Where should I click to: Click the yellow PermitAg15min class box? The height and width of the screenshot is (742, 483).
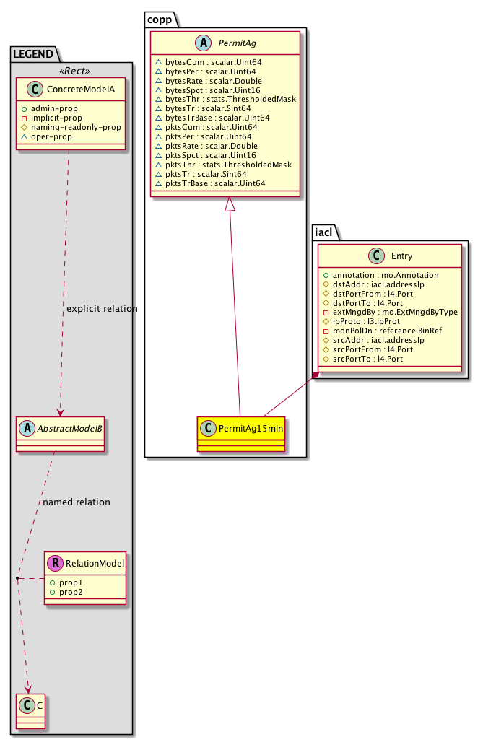[240, 432]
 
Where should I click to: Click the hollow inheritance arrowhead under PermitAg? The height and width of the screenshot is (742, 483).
[229, 204]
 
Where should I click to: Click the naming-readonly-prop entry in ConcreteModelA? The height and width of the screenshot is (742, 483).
[75, 127]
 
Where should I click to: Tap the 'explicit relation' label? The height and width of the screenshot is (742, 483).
[101, 309]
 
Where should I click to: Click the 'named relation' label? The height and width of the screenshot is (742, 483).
[77, 502]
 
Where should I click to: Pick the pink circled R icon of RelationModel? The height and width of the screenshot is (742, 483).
[56, 562]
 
